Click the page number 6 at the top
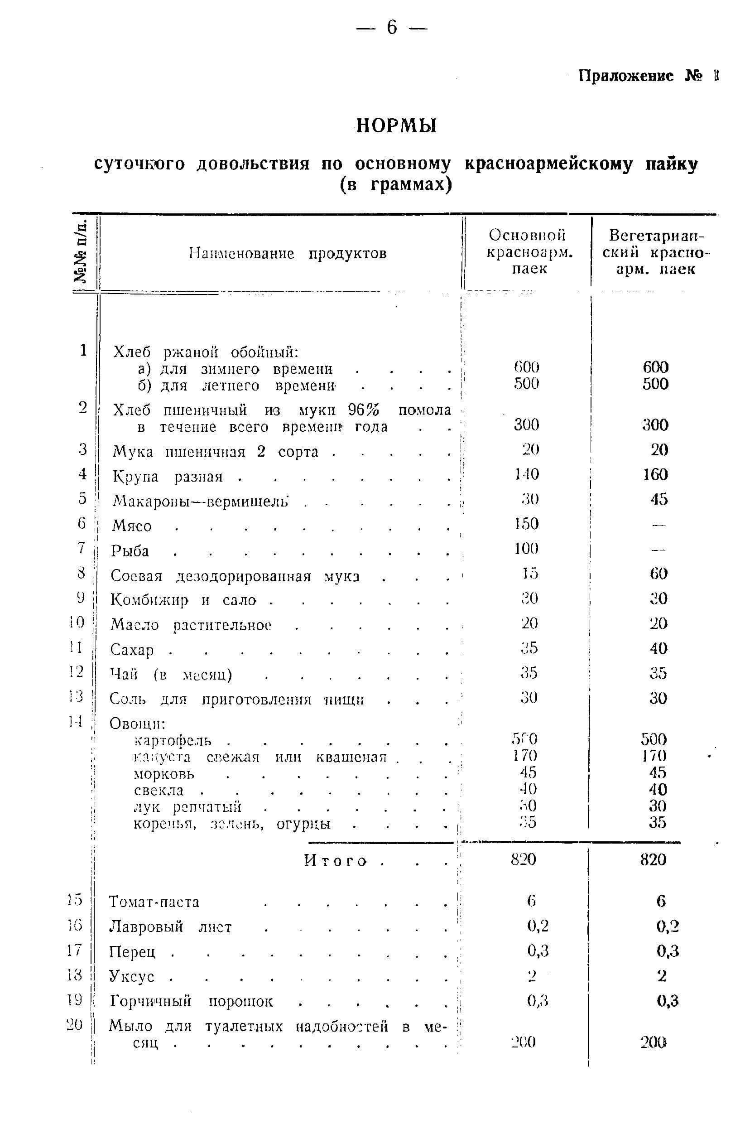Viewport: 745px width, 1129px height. click(x=391, y=28)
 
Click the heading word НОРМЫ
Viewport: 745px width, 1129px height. click(x=396, y=126)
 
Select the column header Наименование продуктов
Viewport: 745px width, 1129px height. click(x=288, y=253)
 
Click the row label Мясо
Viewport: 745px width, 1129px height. click(x=132, y=526)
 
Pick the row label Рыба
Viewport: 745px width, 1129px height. click(x=130, y=551)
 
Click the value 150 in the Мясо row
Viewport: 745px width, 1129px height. click(x=526, y=524)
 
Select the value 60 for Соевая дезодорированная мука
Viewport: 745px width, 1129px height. click(x=658, y=574)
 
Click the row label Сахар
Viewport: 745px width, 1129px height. click(x=132, y=650)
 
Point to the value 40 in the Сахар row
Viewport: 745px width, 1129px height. click(x=658, y=648)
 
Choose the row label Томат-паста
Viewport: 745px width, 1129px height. click(x=154, y=902)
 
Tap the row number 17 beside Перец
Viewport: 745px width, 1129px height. click(x=75, y=950)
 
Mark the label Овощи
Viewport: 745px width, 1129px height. click(x=137, y=724)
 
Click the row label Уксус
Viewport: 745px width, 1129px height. click(x=132, y=976)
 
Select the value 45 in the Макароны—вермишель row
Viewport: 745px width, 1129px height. click(x=659, y=499)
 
